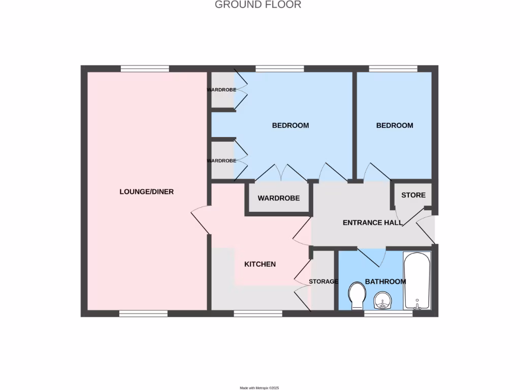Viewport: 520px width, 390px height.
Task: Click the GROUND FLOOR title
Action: pos(258,5)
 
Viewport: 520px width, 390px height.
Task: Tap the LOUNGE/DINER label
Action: pos(146,192)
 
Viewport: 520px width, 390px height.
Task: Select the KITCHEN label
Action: pos(260,264)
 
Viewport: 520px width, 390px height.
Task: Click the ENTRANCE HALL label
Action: pos(372,223)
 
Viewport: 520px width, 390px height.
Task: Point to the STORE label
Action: pos(413,195)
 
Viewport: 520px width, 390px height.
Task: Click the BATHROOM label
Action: pos(385,282)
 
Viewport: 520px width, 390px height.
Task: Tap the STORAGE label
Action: pos(323,282)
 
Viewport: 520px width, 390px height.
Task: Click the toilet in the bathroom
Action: pos(357,296)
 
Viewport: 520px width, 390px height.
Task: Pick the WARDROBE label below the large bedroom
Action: pos(278,199)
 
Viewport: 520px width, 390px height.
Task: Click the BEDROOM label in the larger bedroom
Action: pos(290,125)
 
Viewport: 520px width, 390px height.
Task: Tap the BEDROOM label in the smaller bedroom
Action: pos(395,125)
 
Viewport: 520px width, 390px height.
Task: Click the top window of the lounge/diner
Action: pos(145,69)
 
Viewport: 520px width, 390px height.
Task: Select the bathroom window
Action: pos(388,314)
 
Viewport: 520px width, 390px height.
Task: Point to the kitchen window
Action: pos(258,314)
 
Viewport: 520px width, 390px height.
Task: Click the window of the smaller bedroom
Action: pos(393,69)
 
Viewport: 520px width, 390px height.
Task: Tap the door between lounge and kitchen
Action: pos(200,221)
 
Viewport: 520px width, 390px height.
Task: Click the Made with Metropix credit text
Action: pos(259,387)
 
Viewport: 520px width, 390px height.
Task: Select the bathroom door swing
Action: pos(372,256)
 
